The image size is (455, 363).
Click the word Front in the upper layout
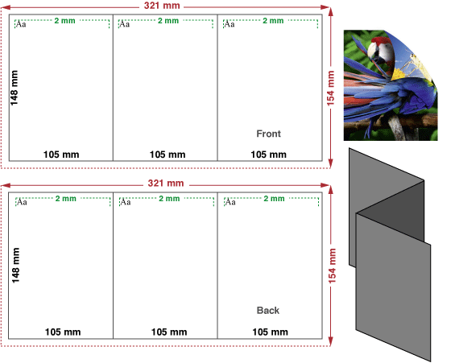[268, 134]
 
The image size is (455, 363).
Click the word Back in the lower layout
[268, 311]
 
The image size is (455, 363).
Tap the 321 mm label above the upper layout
[162, 5]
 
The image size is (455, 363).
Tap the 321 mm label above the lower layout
[166, 183]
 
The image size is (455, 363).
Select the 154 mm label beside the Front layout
[330, 89]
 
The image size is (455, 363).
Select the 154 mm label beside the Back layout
[332, 266]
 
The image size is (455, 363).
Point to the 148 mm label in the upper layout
[14, 88]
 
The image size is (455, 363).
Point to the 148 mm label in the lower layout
[15, 266]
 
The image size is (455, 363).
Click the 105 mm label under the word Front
[268, 155]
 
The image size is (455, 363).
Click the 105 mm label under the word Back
[270, 332]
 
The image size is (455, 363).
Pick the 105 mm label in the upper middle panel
[168, 155]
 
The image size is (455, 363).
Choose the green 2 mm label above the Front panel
[273, 21]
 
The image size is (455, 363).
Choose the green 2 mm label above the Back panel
[274, 198]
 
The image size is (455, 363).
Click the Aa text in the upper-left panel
[21, 24]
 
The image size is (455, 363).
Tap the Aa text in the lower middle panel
[126, 201]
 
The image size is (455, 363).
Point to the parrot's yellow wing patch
[398, 74]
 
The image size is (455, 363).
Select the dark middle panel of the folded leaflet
[391, 210]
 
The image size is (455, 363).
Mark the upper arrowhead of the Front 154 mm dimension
[330, 10]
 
